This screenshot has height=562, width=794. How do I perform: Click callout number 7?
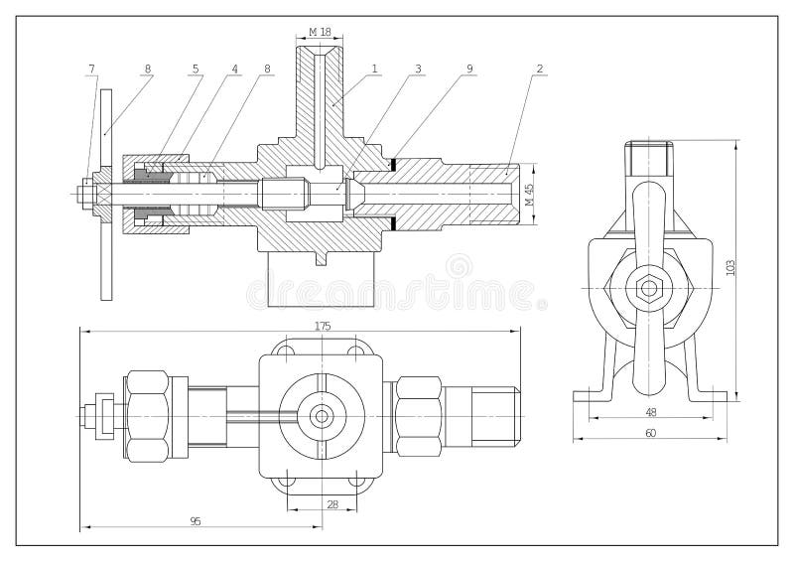pos(91,69)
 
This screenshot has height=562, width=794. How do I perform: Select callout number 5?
pos(197,69)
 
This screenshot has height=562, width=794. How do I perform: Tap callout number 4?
pos(235,69)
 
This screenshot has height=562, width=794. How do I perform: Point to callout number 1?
pos(375,69)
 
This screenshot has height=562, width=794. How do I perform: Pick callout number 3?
pos(419,69)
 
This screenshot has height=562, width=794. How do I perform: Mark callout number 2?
pos(539,69)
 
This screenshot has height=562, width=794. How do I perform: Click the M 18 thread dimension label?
pos(320,32)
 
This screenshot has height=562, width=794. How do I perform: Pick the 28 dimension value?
pos(331,504)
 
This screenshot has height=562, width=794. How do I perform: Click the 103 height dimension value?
pos(730,267)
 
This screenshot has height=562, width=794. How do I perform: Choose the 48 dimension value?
pos(651,412)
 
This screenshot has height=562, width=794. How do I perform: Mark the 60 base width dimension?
pos(651,432)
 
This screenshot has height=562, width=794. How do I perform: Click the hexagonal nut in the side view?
pos(650,289)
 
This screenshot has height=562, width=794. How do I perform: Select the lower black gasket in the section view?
pos(393,224)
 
